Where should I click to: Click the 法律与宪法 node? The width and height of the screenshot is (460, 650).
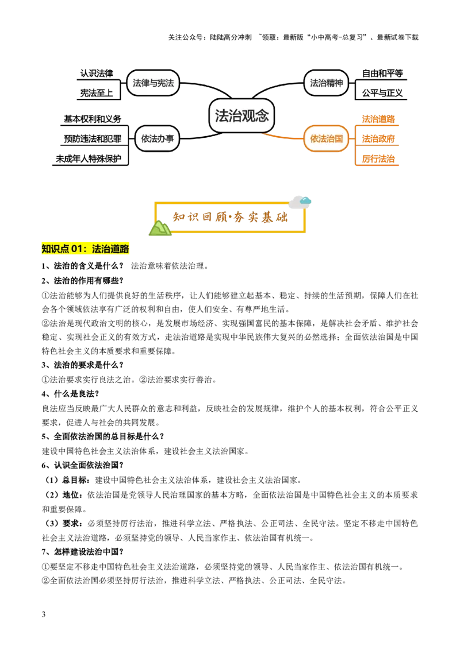click(x=153, y=83)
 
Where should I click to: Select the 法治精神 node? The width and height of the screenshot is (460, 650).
click(x=326, y=83)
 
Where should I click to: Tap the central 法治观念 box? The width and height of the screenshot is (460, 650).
click(x=241, y=115)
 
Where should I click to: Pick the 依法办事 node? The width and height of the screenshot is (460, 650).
click(x=157, y=139)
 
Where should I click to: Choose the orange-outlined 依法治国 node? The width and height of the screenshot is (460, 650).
click(x=326, y=138)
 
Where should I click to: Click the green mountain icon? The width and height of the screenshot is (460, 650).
click(x=160, y=229)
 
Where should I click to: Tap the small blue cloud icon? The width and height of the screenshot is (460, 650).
click(x=306, y=200)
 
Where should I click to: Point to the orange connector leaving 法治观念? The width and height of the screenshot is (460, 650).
click(x=282, y=138)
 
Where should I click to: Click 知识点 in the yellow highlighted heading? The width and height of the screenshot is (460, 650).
click(x=55, y=249)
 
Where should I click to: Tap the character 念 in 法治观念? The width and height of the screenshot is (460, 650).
click(x=262, y=115)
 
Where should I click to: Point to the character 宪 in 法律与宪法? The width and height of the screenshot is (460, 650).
click(x=161, y=83)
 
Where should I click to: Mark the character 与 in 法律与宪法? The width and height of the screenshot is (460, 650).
click(x=153, y=83)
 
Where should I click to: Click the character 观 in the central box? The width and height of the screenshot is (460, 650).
click(x=248, y=115)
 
